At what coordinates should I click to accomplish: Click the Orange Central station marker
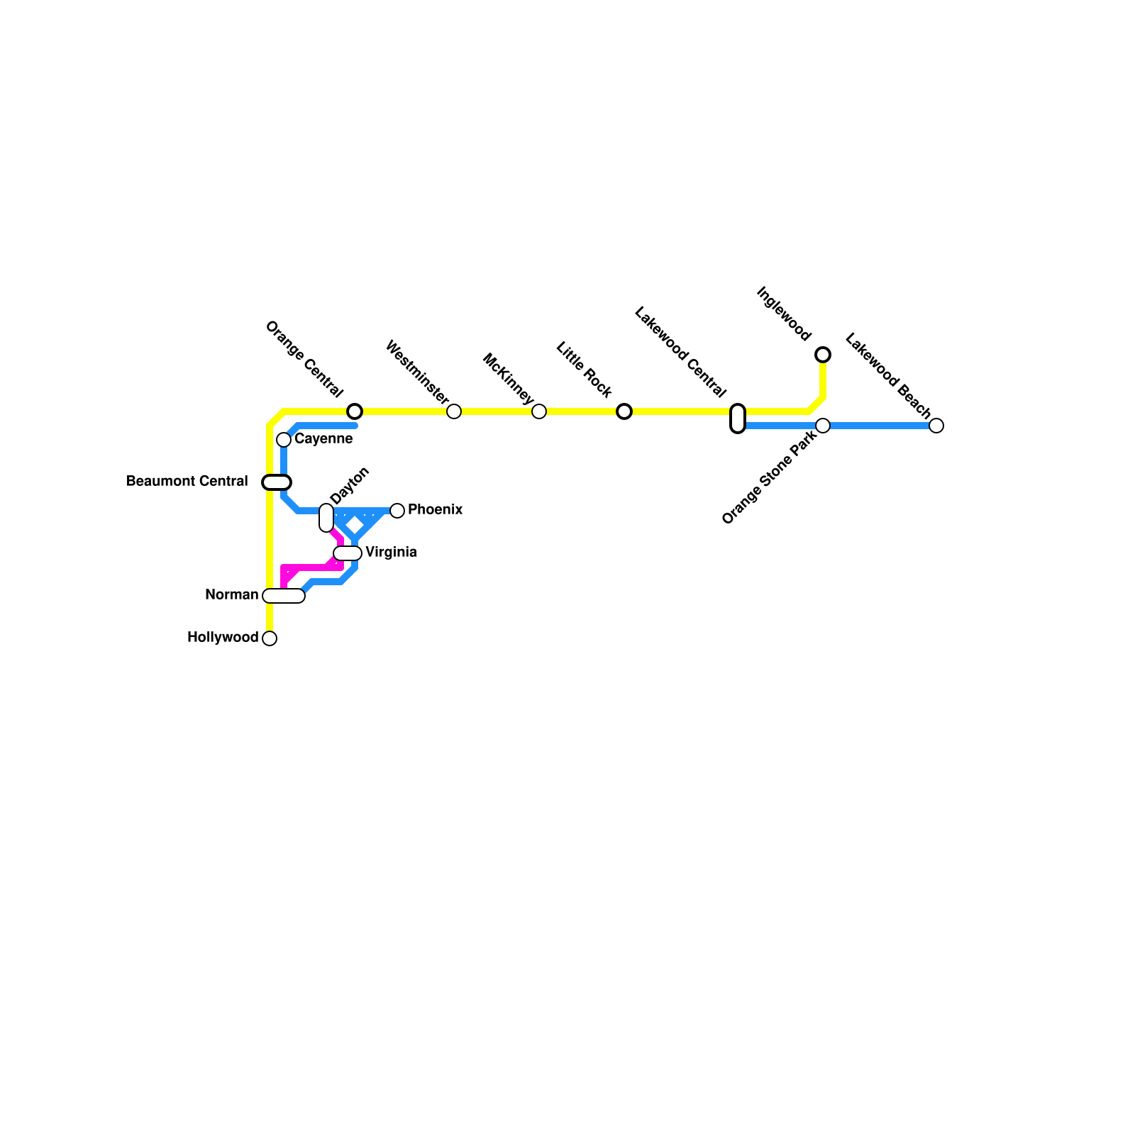[x=355, y=411]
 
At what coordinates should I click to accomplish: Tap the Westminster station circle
[x=454, y=411]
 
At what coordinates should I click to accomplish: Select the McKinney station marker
[x=539, y=411]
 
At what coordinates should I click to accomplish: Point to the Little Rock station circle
[x=624, y=411]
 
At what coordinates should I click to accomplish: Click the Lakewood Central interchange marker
[x=738, y=419]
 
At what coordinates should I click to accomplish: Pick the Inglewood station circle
[x=823, y=355]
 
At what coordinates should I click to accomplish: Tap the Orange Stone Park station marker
[x=823, y=426]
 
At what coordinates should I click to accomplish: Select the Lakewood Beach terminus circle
[x=936, y=426]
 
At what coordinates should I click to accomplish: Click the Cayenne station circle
[x=284, y=440]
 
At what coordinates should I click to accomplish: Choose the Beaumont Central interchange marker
[x=277, y=482]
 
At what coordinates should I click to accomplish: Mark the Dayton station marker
[x=326, y=518]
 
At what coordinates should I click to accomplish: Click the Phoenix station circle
[x=397, y=511]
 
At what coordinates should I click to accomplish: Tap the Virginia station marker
[x=348, y=553]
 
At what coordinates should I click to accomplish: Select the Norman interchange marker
[x=284, y=596]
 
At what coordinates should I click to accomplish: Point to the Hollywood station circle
[x=270, y=638]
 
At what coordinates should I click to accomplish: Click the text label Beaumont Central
[x=187, y=482]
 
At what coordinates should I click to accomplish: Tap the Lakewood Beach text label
[x=888, y=375]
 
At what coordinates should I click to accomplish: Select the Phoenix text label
[x=436, y=510]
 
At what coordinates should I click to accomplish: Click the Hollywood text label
[x=223, y=638]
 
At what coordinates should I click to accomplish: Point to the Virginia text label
[x=391, y=553]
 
